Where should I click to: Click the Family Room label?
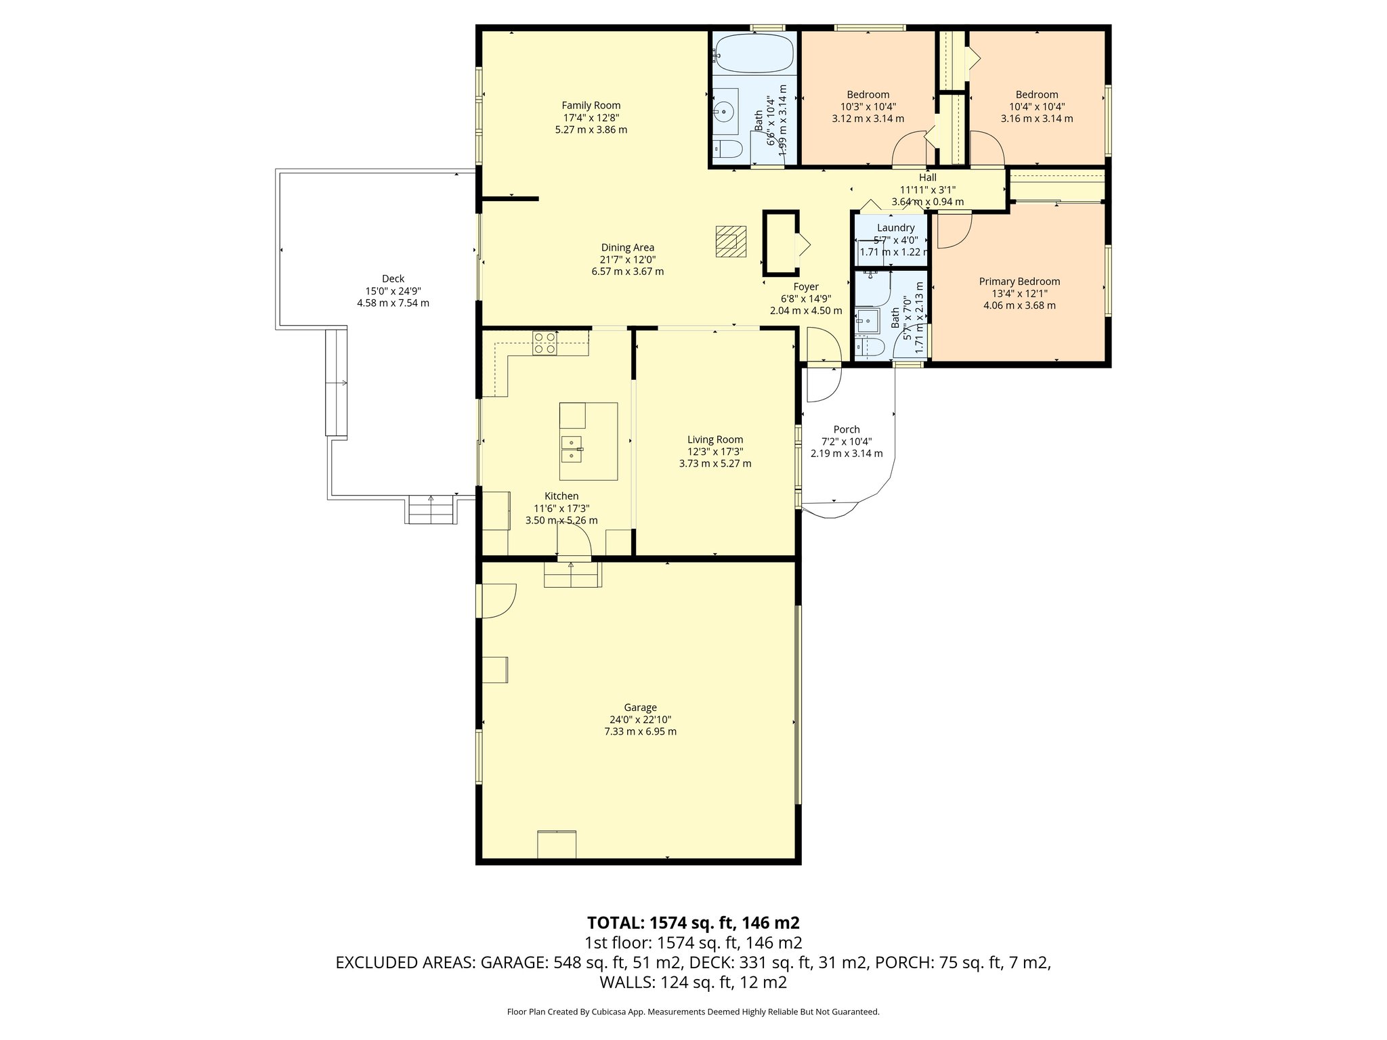click(x=591, y=106)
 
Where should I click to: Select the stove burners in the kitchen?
click(x=545, y=343)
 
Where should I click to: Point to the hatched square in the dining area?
click(x=731, y=242)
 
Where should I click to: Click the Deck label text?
click(x=393, y=278)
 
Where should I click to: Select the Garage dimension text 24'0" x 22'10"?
click(x=640, y=720)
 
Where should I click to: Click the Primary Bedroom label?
click(x=1019, y=282)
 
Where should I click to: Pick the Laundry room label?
click(x=895, y=228)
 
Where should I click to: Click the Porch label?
click(x=847, y=429)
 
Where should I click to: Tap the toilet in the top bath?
click(x=727, y=148)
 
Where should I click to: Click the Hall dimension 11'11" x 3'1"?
click(x=927, y=190)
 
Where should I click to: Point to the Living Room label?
click(x=714, y=439)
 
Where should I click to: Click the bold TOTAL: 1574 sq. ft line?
click(x=693, y=923)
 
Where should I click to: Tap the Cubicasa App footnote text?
click(x=693, y=1012)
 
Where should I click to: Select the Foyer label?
click(x=806, y=286)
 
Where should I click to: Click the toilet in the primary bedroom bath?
click(x=870, y=348)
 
